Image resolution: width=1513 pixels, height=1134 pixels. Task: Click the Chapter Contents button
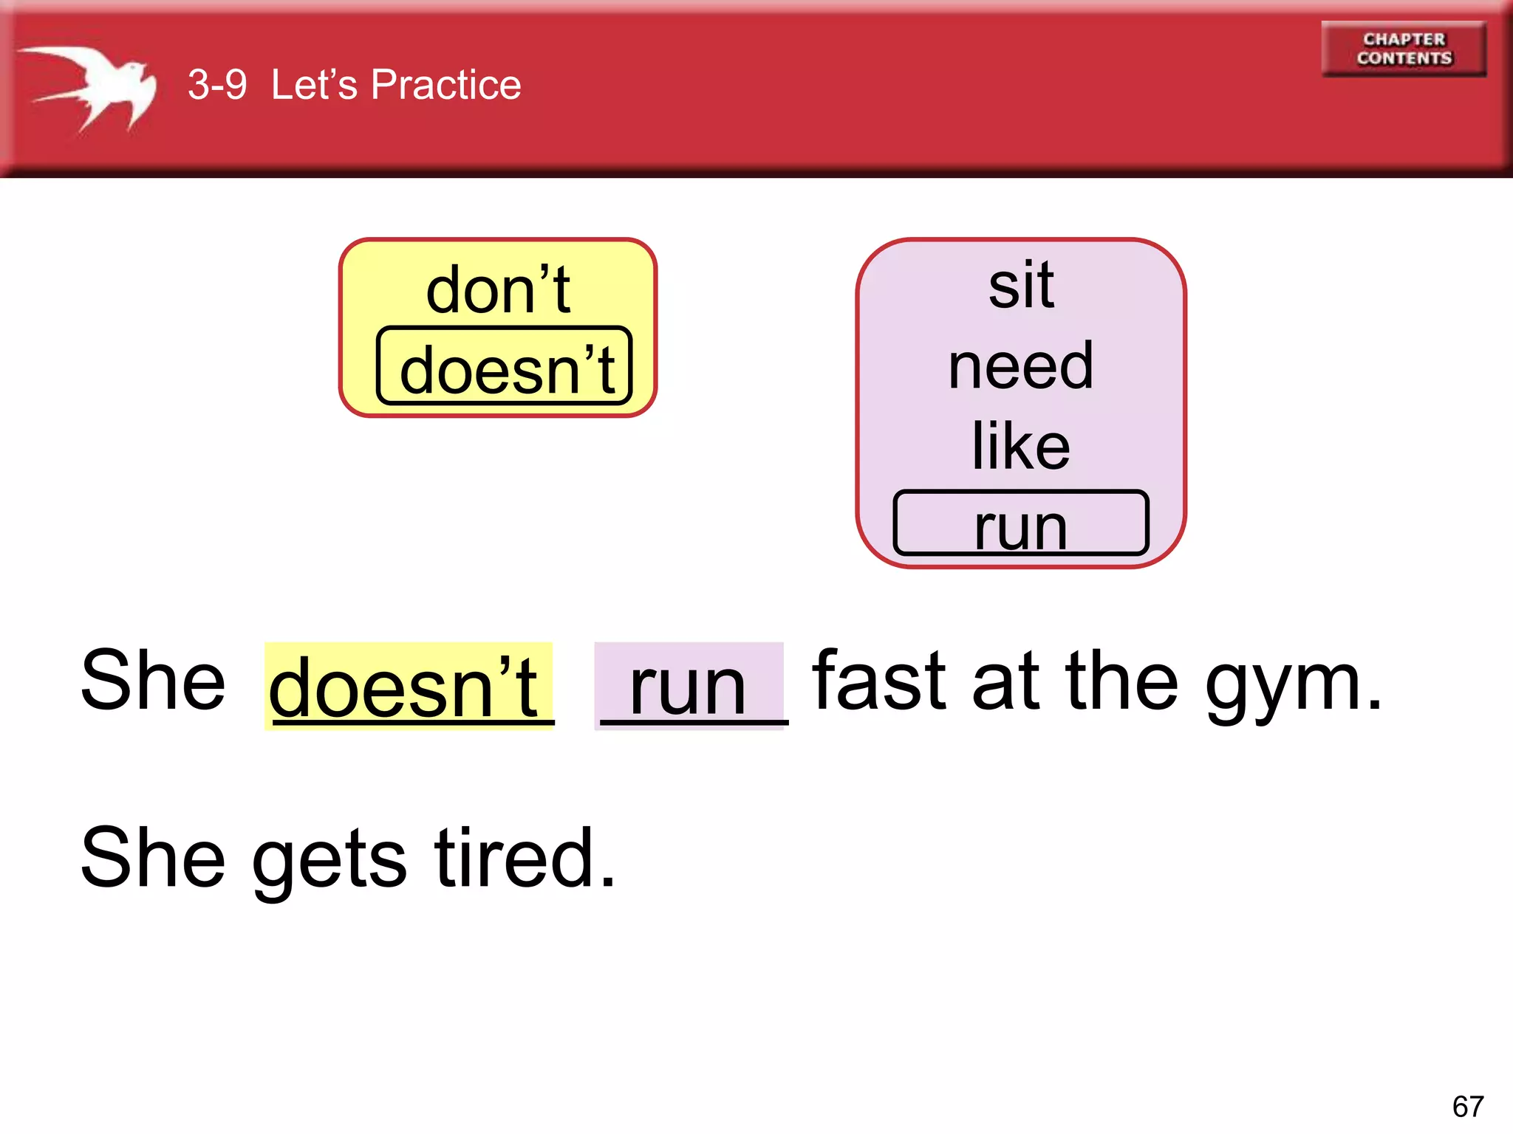(x=1404, y=49)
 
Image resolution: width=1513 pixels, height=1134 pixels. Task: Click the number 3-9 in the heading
(x=217, y=84)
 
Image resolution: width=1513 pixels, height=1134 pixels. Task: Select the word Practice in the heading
(x=445, y=84)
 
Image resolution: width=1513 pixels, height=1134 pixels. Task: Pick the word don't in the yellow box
(x=498, y=290)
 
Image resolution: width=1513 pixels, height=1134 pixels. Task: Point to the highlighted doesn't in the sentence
(x=405, y=687)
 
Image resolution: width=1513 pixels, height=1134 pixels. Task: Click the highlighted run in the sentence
(x=688, y=687)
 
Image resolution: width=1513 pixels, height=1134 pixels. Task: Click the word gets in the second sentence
(x=329, y=860)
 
